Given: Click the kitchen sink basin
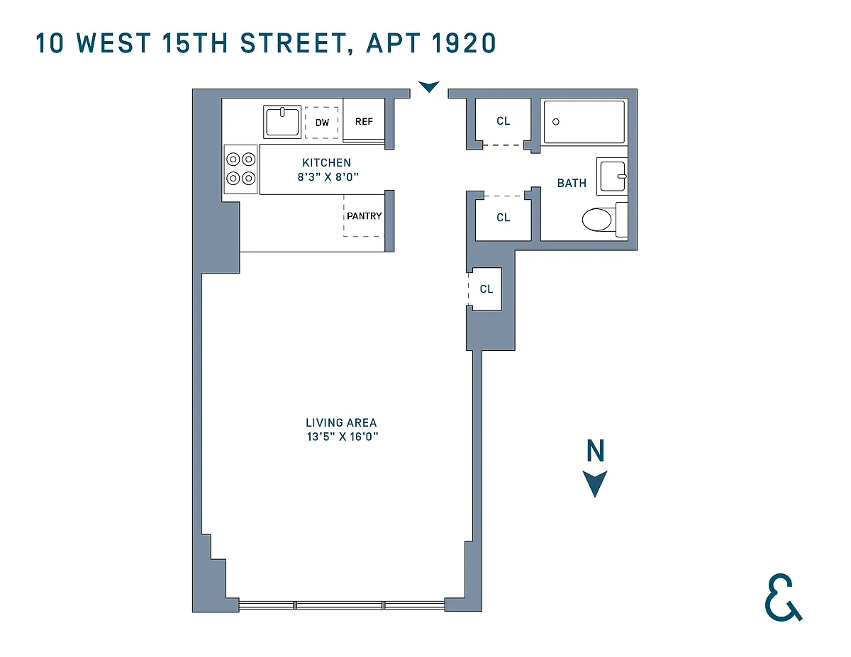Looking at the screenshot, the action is [282, 122].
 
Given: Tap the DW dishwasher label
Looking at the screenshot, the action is [322, 123].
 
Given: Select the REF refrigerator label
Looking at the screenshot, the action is [365, 122].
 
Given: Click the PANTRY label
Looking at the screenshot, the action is [365, 216].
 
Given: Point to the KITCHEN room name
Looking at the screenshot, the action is [327, 162].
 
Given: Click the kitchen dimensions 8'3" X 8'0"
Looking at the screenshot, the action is [328, 177].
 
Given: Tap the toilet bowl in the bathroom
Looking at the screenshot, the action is [597, 220].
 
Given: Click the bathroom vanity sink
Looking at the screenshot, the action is [612, 176].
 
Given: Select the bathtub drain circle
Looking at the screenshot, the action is [556, 122].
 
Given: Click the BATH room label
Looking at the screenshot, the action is [572, 183].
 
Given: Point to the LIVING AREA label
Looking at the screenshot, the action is [341, 422].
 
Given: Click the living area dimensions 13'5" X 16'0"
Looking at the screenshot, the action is [343, 437].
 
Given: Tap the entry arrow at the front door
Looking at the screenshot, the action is [429, 86].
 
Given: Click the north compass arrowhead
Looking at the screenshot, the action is [595, 483].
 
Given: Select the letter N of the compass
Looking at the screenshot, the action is [596, 450].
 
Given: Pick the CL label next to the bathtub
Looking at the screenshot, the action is [504, 121].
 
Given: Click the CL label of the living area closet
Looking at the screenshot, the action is [486, 288].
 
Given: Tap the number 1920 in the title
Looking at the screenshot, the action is [464, 43].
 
